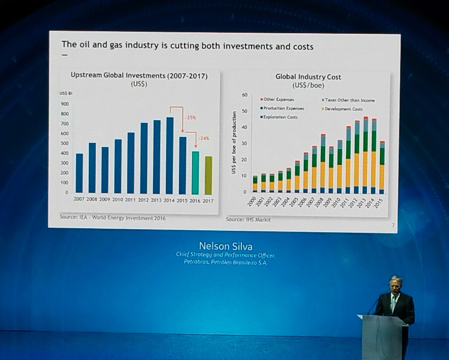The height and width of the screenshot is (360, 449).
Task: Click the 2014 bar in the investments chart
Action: pyautogui.click(x=169, y=156)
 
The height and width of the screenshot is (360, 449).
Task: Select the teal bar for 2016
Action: pyautogui.click(x=195, y=173)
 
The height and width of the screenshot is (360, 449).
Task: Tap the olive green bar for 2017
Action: pyautogui.click(x=208, y=175)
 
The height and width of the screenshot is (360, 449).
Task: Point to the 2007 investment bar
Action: pyautogui.click(x=79, y=173)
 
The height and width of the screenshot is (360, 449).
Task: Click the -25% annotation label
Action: pyautogui.click(x=190, y=118)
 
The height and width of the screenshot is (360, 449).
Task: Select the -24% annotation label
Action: pyautogui.click(x=204, y=138)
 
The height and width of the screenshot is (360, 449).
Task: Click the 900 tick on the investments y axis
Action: pyautogui.click(x=65, y=104)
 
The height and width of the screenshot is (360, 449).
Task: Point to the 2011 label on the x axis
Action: pyautogui.click(x=130, y=200)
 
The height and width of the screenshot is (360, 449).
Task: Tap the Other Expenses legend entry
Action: pyautogui.click(x=277, y=99)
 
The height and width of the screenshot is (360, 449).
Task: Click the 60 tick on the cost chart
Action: pyautogui.click(x=245, y=95)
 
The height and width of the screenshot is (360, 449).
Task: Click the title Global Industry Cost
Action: pyautogui.click(x=308, y=77)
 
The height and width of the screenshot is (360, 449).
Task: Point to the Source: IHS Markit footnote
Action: pyautogui.click(x=248, y=220)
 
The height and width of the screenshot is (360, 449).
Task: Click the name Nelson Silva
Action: pyautogui.click(x=226, y=246)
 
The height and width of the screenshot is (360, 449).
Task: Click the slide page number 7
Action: pyautogui.click(x=393, y=225)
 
